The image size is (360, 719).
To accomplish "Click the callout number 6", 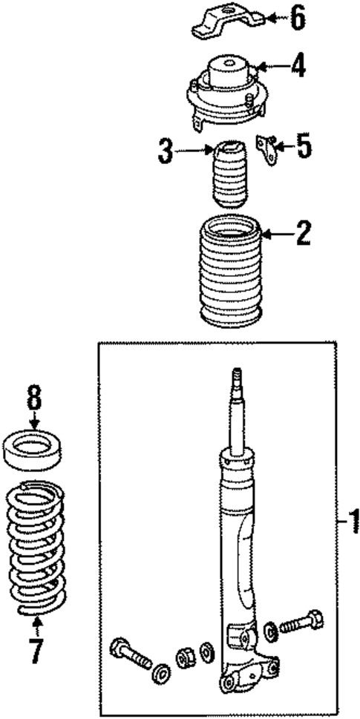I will pos(297,18).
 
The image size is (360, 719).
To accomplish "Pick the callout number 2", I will pos(303,235).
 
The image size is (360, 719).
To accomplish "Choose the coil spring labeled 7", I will pos(37,549).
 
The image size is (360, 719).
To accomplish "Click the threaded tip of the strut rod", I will pos(236,375).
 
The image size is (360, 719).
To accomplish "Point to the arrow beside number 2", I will pos(275,235).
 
